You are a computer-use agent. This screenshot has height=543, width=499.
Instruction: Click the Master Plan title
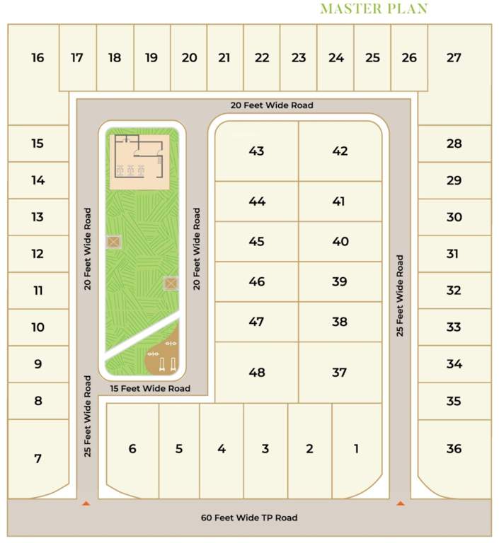pos(374,8)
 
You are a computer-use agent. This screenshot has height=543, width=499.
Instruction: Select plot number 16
pos(38,58)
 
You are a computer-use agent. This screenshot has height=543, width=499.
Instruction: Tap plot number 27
pos(454,58)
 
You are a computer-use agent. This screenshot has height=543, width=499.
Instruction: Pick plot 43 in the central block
pos(257,151)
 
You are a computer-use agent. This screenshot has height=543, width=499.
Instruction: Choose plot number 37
pos(340,372)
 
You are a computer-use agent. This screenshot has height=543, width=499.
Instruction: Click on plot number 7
pos(38,459)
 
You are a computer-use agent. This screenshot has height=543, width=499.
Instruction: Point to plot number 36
pos(454,449)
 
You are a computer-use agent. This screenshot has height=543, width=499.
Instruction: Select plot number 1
pos(356,448)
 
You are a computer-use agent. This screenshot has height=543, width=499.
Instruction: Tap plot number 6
pos(132,448)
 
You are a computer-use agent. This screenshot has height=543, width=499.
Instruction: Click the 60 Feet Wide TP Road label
pos(249,518)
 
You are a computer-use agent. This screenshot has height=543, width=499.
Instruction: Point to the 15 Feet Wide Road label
pos(150,388)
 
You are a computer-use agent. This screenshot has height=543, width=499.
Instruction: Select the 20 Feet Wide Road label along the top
pos(272,105)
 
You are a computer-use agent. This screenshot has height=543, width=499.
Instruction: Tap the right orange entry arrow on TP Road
pos(401,503)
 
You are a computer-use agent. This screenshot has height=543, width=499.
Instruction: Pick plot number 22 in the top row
pos(262,58)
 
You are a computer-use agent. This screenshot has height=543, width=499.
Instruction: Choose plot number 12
pos(38,254)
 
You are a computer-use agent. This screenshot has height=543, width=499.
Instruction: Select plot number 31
pos(453,254)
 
